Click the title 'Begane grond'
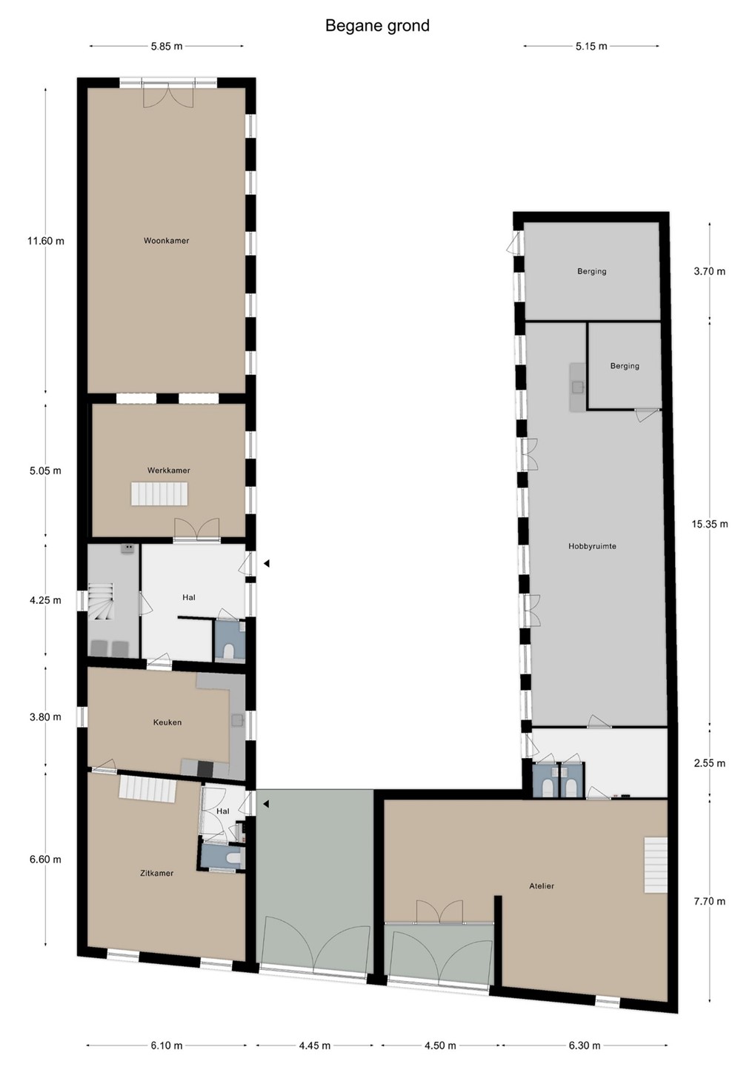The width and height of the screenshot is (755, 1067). [x=377, y=26]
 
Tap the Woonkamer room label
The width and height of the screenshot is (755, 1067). [x=166, y=241]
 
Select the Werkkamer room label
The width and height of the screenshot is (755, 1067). [x=169, y=470]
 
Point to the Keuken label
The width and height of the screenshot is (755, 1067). [x=167, y=722]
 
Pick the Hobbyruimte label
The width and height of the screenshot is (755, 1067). [x=592, y=546]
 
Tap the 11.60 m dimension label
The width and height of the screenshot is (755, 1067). [x=45, y=241]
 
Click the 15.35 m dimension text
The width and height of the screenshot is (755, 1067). [x=710, y=524]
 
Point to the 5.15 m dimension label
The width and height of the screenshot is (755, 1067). [x=591, y=46]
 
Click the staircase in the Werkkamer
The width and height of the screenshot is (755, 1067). [x=159, y=493]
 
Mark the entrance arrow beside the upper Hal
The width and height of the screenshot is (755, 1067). [x=267, y=563]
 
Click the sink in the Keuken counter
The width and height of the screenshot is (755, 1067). [x=238, y=719]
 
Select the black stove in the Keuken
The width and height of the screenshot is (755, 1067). [x=205, y=768]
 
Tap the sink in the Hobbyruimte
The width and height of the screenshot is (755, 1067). [x=578, y=387]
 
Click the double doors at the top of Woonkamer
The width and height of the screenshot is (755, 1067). [x=169, y=94]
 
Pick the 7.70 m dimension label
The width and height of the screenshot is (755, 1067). [x=710, y=901]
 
